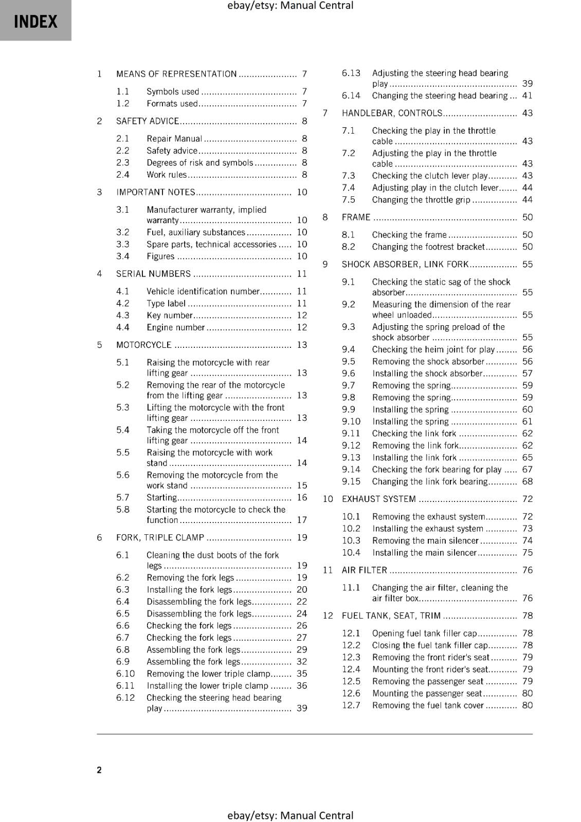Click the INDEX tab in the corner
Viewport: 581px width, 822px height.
coord(35,21)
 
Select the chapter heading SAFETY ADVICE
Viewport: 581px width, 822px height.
coord(147,121)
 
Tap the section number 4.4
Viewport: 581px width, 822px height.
coord(122,327)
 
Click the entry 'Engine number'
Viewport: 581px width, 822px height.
coord(175,327)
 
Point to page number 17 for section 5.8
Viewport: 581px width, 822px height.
coord(302,520)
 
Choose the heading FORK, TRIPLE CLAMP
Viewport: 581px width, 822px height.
coord(160,537)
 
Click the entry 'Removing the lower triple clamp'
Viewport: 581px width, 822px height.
coord(208,674)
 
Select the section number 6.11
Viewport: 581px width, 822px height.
coord(125,685)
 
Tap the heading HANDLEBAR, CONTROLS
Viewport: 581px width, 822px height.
coord(392,113)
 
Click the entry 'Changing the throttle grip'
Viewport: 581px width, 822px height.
coord(421,200)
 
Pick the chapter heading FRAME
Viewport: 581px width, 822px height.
coord(356,217)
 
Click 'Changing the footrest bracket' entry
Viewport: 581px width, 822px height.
coord(428,247)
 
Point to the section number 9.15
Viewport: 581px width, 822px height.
coord(351,481)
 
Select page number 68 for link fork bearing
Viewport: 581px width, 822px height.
coord(528,481)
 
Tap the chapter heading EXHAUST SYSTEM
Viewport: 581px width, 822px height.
coord(378,499)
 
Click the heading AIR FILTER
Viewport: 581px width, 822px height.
coord(364,570)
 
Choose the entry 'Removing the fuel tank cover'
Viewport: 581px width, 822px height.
coord(428,705)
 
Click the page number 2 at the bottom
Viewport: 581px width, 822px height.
coord(99,770)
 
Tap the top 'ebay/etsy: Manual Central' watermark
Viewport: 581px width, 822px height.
coord(290,6)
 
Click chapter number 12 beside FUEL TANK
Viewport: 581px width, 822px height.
coord(328,615)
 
